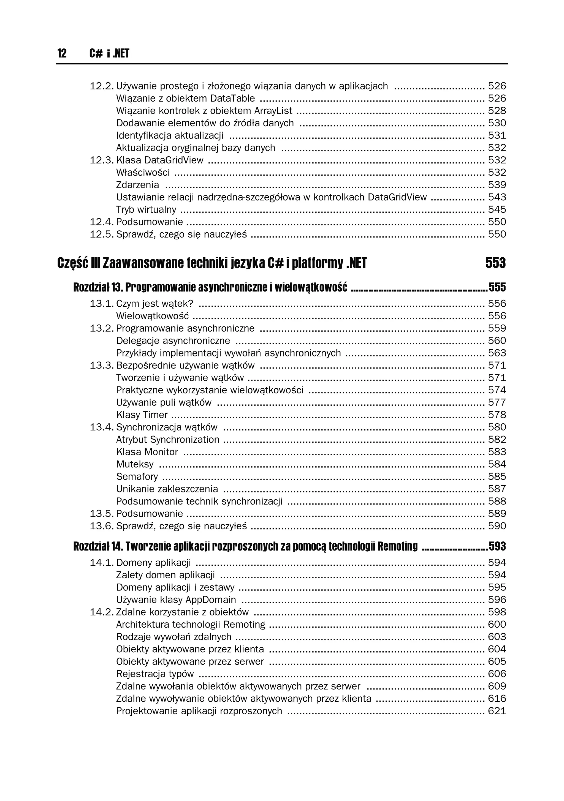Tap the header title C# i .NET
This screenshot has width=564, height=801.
(109, 53)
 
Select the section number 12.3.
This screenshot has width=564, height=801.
(102, 160)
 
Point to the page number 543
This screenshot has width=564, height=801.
(497, 197)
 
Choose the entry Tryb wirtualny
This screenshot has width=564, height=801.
(146, 210)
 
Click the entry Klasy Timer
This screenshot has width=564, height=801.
(142, 415)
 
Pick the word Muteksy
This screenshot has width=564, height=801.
(135, 464)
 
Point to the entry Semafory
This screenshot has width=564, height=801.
(137, 476)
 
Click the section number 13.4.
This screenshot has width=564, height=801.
(102, 427)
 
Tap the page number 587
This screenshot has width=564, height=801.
(497, 489)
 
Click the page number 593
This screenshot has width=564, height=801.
(497, 546)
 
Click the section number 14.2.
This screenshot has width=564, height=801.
(102, 612)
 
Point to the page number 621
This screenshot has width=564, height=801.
(497, 711)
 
